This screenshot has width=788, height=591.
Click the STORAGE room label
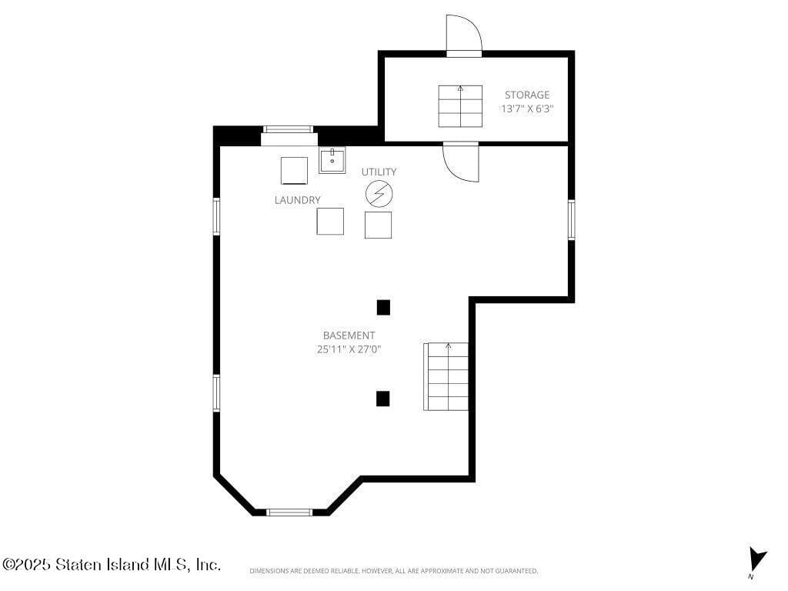tap(527, 95)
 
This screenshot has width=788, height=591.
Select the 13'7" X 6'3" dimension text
tap(527, 109)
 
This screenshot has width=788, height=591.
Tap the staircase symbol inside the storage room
tap(460, 106)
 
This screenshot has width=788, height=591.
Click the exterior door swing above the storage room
tap(463, 34)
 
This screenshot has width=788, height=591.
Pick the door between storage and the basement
tap(460, 162)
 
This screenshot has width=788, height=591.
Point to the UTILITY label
tap(379, 172)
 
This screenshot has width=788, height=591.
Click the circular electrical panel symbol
tap(379, 194)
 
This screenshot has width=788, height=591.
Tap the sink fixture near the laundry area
tap(332, 161)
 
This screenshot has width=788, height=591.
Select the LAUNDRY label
tap(297, 200)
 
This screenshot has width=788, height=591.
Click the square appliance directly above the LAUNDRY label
tap(294, 170)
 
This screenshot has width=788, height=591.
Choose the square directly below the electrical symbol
tap(378, 225)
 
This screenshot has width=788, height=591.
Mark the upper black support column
tap(383, 308)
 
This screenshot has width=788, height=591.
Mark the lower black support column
tap(382, 399)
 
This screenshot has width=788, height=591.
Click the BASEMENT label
tap(349, 336)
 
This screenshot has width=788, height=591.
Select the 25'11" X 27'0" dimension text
tap(349, 349)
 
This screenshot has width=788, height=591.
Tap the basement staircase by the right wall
tap(446, 376)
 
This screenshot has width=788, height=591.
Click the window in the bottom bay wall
tap(289, 512)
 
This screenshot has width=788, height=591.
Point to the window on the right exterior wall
tap(571, 219)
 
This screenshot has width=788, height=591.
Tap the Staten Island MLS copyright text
tap(112, 565)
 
